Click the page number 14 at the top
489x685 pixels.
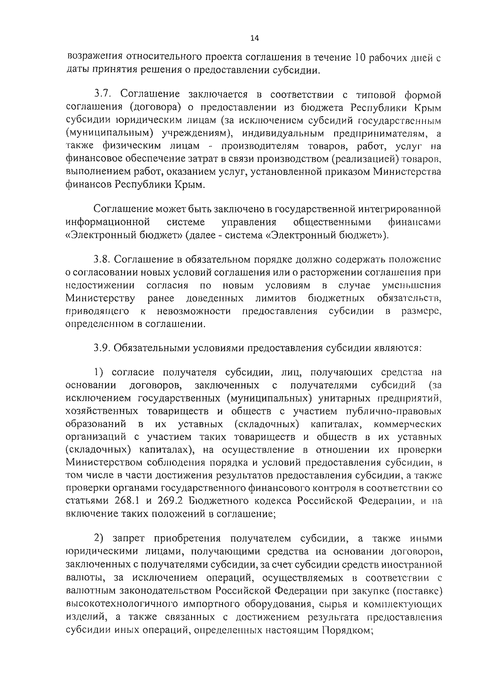(x=255, y=38)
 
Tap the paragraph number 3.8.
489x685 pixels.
(x=102, y=259)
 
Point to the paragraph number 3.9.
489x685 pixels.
(x=102, y=347)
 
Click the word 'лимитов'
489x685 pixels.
(x=276, y=298)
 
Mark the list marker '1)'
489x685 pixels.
(x=100, y=372)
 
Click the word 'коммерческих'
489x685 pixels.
(x=407, y=423)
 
